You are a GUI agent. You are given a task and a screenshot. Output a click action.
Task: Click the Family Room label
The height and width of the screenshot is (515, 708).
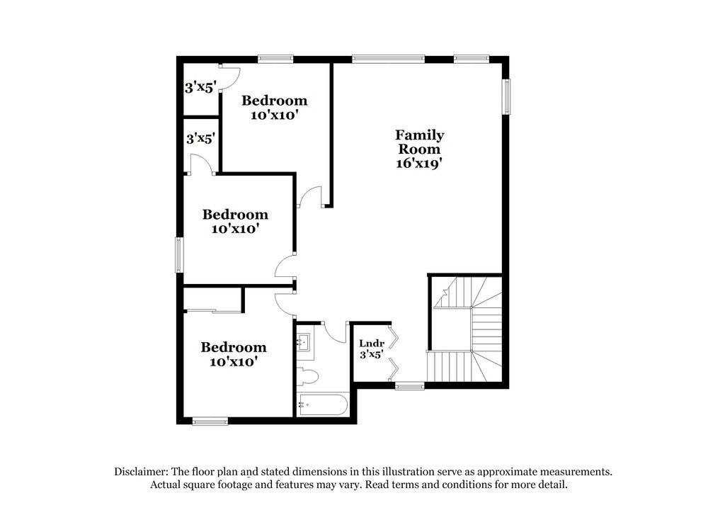point(420,142)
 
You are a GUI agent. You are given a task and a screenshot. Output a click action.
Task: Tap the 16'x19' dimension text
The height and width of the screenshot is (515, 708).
point(420,162)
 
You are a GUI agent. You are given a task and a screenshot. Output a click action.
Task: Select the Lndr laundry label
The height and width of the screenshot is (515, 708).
point(371,343)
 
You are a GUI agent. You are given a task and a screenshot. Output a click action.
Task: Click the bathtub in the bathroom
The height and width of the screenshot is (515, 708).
point(322,405)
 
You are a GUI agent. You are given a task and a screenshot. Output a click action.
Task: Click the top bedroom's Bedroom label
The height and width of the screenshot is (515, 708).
point(275,101)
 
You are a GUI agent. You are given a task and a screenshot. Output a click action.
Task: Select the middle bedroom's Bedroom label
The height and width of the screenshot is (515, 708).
point(235,214)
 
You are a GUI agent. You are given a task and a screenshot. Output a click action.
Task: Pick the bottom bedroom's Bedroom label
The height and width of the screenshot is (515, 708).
point(234,347)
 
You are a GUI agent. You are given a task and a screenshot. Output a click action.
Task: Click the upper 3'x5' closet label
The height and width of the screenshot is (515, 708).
point(200,89)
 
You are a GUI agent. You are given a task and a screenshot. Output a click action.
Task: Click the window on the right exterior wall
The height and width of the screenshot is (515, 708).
point(507,96)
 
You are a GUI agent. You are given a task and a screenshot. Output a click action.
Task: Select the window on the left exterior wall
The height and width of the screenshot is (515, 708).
point(179,255)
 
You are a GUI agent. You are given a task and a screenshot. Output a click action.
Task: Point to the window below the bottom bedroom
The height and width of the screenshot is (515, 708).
point(210,421)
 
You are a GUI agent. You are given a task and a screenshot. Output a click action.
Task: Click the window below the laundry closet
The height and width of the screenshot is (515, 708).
point(409,385)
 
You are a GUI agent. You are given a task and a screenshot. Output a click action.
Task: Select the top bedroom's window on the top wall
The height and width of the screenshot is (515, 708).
point(275,59)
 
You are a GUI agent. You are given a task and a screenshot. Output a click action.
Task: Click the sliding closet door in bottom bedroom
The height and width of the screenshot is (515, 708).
point(212,310)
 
